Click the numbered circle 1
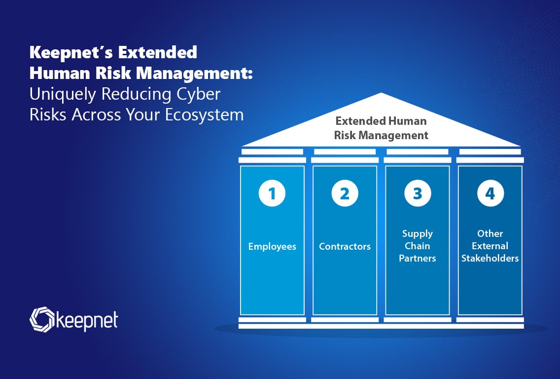pyautogui.click(x=272, y=193)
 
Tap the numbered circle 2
pyautogui.click(x=345, y=193)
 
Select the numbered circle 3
pyautogui.click(x=418, y=193)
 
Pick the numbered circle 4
pyautogui.click(x=490, y=193)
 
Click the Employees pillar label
pyautogui.click(x=272, y=247)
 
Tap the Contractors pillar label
pyautogui.click(x=345, y=246)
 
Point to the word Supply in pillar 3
pyautogui.click(x=418, y=234)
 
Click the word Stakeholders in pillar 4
pyautogui.click(x=490, y=258)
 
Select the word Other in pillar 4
pyautogui.click(x=490, y=233)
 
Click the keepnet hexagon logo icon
pyautogui.click(x=42, y=319)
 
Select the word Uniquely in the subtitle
pyautogui.click(x=63, y=95)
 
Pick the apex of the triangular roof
pyautogui.click(x=381, y=93)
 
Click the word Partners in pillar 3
pyautogui.click(x=418, y=258)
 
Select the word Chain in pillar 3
pyautogui.click(x=418, y=246)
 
